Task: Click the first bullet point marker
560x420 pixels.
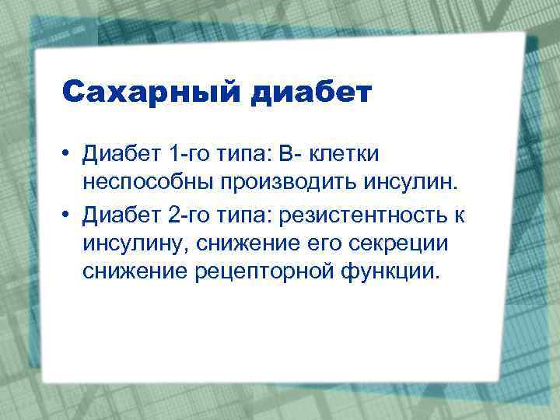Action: point(69,155)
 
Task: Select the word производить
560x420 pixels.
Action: point(291,184)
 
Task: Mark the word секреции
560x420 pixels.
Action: point(401,243)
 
